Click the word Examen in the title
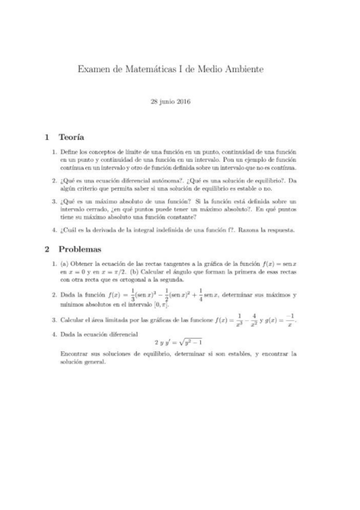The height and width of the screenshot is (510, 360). click(95, 70)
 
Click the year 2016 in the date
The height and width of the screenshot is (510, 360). click(183, 102)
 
